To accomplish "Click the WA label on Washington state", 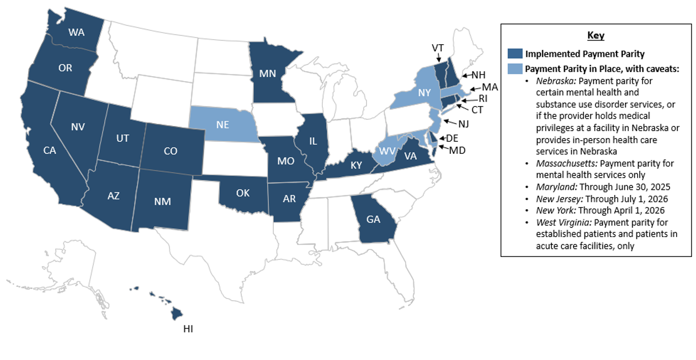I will pos(77,32).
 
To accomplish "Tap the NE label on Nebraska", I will pos(222,124).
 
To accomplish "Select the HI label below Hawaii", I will pos(188,329).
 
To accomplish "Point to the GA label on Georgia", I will pos(373,219).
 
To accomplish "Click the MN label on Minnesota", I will pos(268,73).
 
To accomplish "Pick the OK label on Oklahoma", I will pos(242,193).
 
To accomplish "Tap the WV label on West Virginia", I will pos(388,151).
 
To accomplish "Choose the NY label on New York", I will pos(424,93).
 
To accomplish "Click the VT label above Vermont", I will pos(438,48).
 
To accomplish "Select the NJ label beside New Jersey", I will pos(463,123).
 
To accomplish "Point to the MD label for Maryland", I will pos(457,150).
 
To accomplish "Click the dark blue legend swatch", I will pos(515,54).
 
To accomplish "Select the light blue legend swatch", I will pos(515,69).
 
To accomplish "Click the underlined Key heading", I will pos(595,36).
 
